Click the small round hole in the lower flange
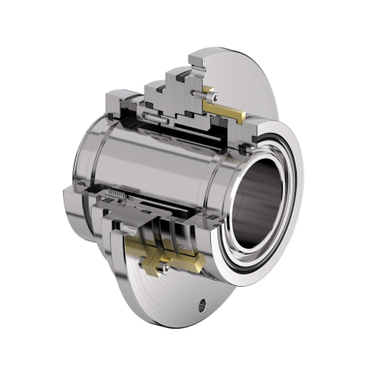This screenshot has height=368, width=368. [x=203, y=305]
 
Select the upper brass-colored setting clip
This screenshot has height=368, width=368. [x=224, y=110]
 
